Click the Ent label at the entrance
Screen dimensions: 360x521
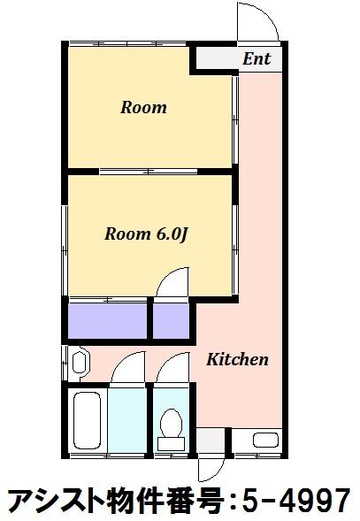click(x=257, y=58)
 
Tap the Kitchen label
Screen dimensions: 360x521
click(x=237, y=359)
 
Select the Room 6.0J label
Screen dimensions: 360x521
click(x=147, y=234)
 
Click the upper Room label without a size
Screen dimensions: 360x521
click(x=143, y=108)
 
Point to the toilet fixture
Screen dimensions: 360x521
click(x=172, y=429)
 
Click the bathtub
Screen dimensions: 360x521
click(x=87, y=421)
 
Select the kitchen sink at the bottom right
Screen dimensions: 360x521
click(x=265, y=441)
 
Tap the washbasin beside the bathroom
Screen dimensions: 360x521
click(x=80, y=363)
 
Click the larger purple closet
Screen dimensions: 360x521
click(x=108, y=320)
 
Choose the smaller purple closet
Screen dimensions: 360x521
click(x=171, y=320)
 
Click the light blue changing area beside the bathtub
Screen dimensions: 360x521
click(x=127, y=420)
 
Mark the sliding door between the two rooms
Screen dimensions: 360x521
click(x=149, y=172)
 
